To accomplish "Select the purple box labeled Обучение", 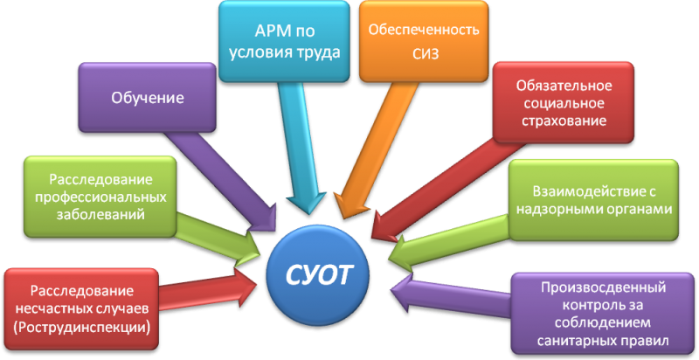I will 146,98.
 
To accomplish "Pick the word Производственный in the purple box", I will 604,287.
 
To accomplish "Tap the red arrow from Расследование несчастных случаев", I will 210,284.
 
